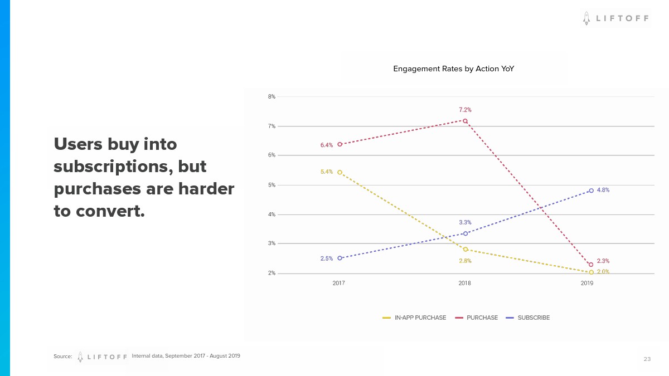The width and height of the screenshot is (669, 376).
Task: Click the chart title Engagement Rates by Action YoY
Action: coord(453,69)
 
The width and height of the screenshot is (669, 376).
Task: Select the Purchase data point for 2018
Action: coord(465,120)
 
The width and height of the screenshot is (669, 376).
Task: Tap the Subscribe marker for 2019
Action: coord(591,191)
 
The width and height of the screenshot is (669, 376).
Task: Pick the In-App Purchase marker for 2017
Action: coord(340,173)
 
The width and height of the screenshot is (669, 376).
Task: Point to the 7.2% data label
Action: coord(465,110)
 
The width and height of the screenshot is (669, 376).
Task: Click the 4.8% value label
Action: coord(603,190)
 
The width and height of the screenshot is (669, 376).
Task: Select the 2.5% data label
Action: coord(327,258)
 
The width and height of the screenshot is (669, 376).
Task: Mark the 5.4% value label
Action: coord(327,172)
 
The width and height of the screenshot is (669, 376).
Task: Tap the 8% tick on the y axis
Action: coord(272,97)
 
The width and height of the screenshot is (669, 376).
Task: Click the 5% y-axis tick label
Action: coord(272,185)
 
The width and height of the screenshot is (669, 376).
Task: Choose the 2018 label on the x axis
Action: coord(464,284)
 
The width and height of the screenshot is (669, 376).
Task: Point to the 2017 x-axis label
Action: coord(338,284)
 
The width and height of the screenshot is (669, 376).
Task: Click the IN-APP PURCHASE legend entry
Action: coord(414,318)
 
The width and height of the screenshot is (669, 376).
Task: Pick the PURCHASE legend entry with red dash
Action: coord(477,318)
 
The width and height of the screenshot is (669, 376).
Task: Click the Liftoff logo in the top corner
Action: coord(615,18)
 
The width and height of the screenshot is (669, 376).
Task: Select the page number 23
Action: coord(647,359)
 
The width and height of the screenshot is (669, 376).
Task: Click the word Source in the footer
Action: coord(63,357)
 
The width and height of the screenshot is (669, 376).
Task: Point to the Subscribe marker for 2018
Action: coord(466,233)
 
